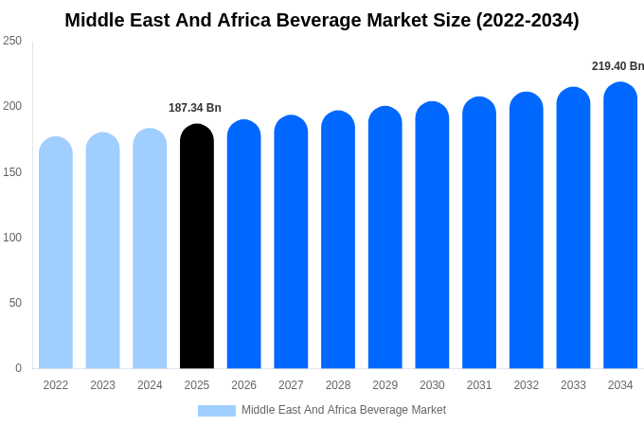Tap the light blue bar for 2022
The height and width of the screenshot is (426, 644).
[x=56, y=253]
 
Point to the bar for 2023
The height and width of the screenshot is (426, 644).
[x=102, y=251]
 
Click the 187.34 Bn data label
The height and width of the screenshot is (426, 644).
[x=195, y=108]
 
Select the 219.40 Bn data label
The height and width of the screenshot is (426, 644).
[x=617, y=66]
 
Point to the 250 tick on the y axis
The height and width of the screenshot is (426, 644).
[x=12, y=41]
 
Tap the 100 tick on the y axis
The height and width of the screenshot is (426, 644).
[x=12, y=238]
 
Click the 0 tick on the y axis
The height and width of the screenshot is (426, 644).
[x=18, y=368]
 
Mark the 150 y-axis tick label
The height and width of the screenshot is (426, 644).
[x=12, y=172]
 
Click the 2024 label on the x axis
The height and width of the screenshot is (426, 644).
[x=150, y=385]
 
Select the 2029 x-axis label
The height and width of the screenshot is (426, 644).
[x=385, y=385]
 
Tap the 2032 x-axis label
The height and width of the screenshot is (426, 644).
[x=526, y=385]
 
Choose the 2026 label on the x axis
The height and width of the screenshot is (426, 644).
[x=243, y=385]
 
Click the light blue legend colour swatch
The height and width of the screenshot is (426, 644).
[x=216, y=411]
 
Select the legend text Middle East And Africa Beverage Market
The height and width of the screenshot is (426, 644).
[x=343, y=410]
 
